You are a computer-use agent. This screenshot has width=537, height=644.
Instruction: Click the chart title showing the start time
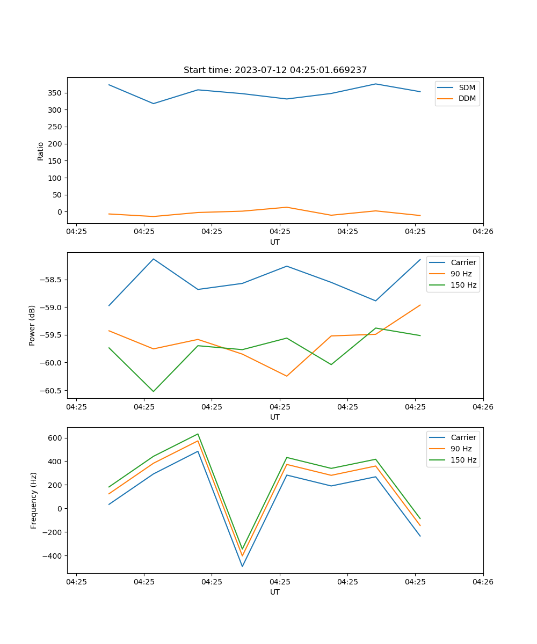[x=275, y=70]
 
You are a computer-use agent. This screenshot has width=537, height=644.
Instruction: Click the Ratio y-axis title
[x=41, y=151]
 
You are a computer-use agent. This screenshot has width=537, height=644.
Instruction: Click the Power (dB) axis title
[x=32, y=325]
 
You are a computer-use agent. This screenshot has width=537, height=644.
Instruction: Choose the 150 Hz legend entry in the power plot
[x=463, y=285]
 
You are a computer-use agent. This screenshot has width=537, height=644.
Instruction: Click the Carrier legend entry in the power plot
[x=463, y=262]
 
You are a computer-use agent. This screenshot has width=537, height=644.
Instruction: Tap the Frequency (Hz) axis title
[x=34, y=500]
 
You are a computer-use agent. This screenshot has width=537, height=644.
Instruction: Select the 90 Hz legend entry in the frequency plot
[x=461, y=449]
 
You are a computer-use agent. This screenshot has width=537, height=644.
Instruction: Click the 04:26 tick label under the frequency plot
[x=483, y=581]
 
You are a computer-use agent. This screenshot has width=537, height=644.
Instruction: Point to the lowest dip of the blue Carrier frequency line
[x=242, y=566]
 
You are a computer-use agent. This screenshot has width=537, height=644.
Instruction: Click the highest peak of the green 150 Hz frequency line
[x=198, y=434]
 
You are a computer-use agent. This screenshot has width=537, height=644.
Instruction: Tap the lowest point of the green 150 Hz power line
[x=154, y=391]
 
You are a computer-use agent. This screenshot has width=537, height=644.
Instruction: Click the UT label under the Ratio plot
[x=275, y=242]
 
